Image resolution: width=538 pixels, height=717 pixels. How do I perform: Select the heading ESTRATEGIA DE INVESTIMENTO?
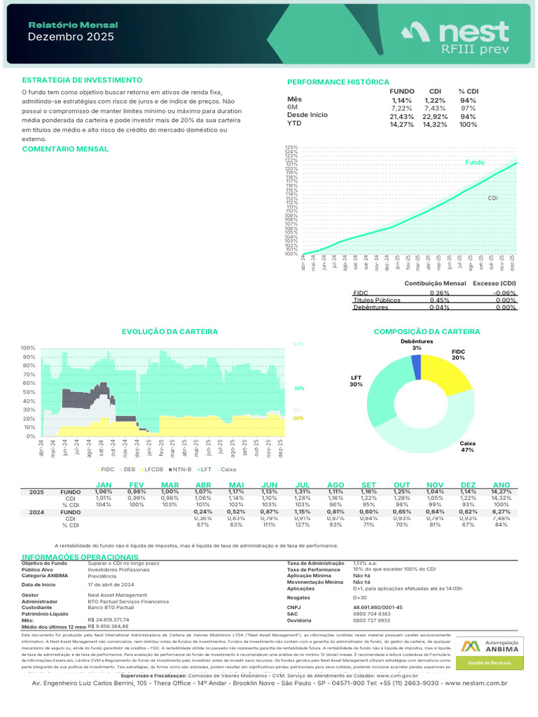pyautogui.click(x=82, y=81)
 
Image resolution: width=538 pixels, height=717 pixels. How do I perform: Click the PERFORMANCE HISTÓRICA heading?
pyautogui.click(x=338, y=82)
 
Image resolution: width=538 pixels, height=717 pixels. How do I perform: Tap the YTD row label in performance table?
pyautogui.click(x=294, y=123)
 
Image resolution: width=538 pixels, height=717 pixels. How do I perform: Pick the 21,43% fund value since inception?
pyautogui.click(x=401, y=116)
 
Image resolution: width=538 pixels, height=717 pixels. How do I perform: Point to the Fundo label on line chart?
pyautogui.click(x=474, y=162)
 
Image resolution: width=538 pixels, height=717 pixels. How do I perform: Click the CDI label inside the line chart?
pyautogui.click(x=492, y=198)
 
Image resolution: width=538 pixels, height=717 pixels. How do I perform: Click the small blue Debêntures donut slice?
pyautogui.click(x=417, y=367)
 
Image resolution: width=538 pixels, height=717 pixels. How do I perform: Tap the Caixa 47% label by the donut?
pyautogui.click(x=467, y=447)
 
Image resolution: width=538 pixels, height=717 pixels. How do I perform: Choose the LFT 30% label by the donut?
pyautogui.click(x=356, y=381)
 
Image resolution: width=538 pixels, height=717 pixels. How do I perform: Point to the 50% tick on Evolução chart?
pyautogui.click(x=28, y=392)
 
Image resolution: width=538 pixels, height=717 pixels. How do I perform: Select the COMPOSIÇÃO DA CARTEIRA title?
pyautogui.click(x=427, y=331)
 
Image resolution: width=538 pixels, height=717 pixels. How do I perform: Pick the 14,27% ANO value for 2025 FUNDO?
pyautogui.click(x=502, y=492)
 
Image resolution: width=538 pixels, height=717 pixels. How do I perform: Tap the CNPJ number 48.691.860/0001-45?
pyautogui.click(x=378, y=607)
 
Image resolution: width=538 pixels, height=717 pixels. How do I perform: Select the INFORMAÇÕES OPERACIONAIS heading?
pyautogui.click(x=79, y=556)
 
